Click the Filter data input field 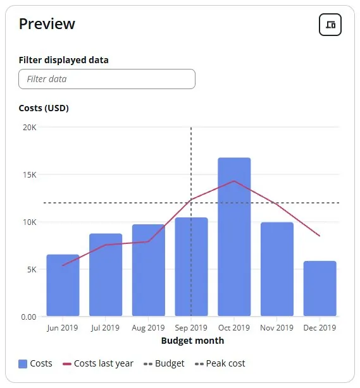[107, 79]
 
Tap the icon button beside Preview [330, 25]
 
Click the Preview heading [47, 24]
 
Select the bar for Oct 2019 [234, 237]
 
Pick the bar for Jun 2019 [63, 285]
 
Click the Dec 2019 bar [320, 288]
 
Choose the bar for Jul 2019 [106, 275]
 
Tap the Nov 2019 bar [277, 269]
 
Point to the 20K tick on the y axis [29, 127]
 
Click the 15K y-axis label [29, 174]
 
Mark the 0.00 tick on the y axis [28, 317]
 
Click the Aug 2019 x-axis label [148, 328]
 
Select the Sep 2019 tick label [191, 328]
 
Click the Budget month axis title [192, 341]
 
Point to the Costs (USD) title [44, 108]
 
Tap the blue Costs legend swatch [23, 364]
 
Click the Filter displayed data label [63, 60]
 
